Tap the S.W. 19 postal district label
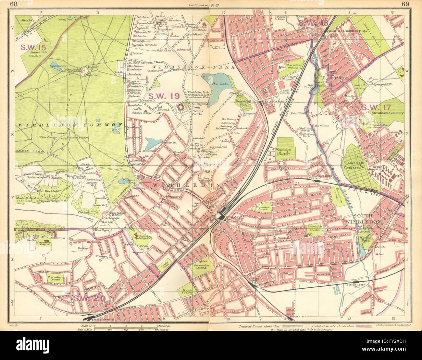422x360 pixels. tap(160, 96)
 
